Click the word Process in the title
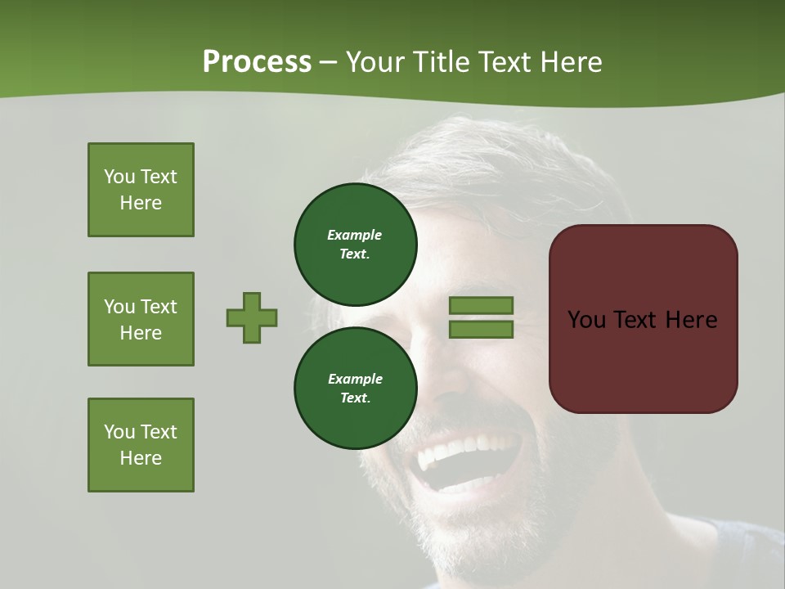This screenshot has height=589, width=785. click(x=257, y=62)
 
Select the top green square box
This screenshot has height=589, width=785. click(x=141, y=190)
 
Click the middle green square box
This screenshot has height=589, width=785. click(x=141, y=319)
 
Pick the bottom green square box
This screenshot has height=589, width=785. click(x=141, y=445)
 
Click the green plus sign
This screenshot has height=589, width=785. click(x=252, y=317)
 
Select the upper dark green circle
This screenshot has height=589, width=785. click(x=355, y=244)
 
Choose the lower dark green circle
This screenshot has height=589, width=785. click(x=355, y=388)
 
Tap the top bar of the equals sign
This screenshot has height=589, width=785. click(x=481, y=305)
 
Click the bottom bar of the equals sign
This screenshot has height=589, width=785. click(x=481, y=329)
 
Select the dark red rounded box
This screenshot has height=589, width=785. click(x=643, y=319)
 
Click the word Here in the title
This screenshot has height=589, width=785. click(x=572, y=62)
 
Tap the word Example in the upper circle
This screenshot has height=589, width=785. click(x=354, y=235)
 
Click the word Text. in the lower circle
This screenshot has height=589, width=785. click(x=355, y=398)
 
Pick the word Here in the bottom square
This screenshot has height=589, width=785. click(x=141, y=458)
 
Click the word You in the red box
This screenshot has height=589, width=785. click(x=586, y=320)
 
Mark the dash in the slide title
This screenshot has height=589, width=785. click(x=328, y=63)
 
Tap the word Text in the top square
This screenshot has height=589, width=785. click(x=159, y=177)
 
